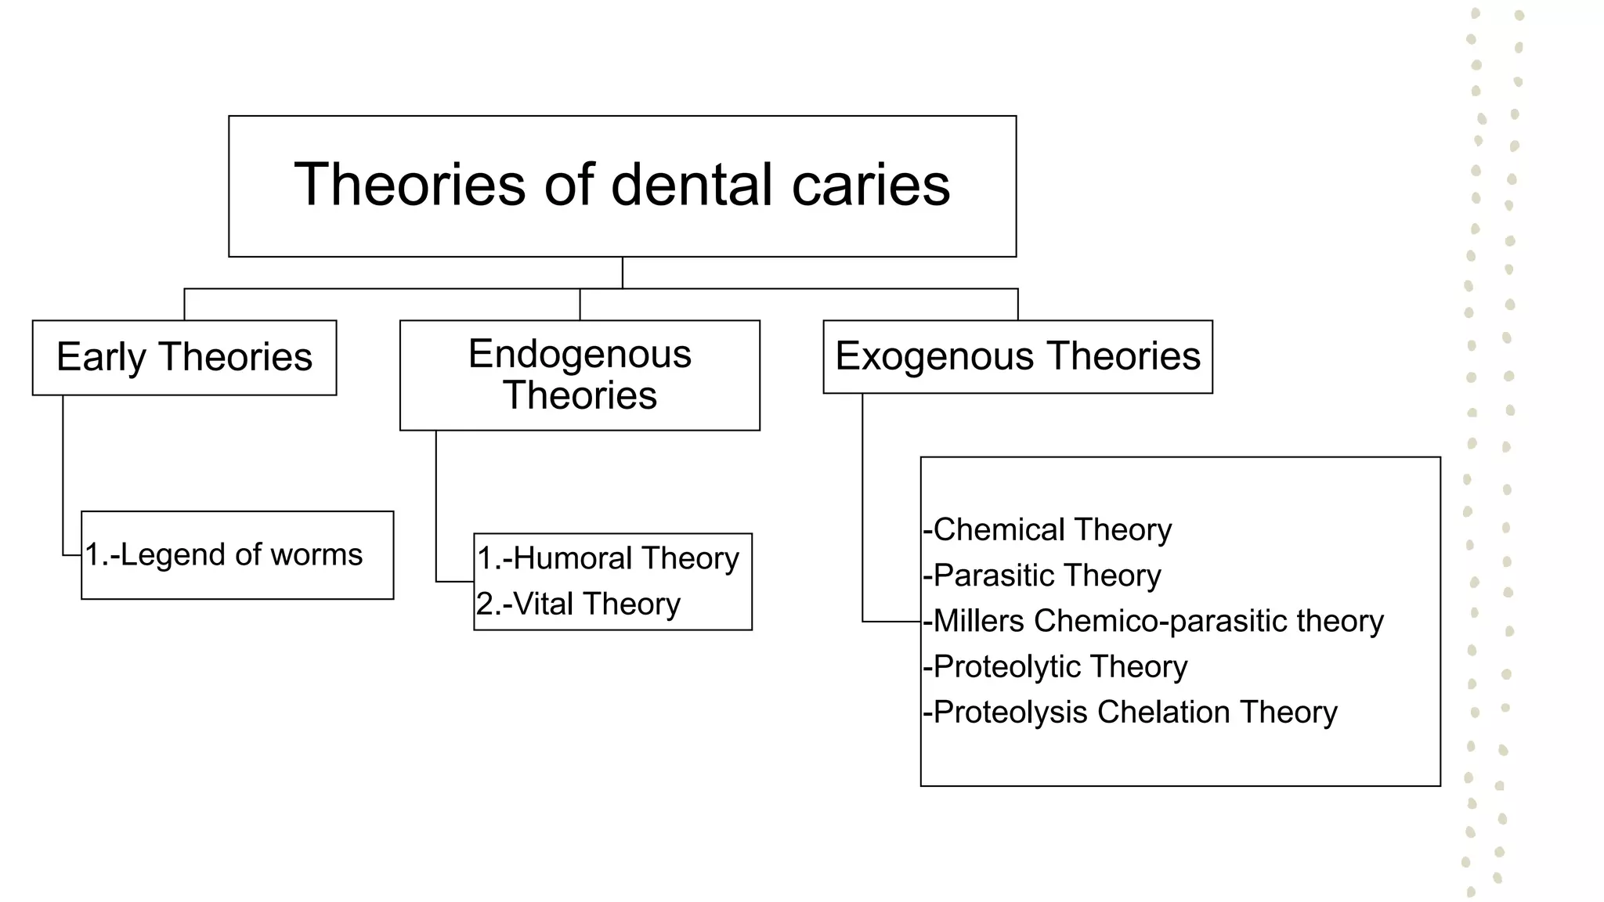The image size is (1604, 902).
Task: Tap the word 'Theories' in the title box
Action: pos(410,185)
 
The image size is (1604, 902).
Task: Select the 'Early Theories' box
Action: pos(184,357)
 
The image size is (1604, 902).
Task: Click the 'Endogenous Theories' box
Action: pos(580,375)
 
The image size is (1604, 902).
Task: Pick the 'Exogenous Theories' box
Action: pos(1017,356)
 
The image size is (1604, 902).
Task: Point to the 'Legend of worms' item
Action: pos(224,554)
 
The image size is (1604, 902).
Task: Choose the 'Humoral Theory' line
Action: pos(608,558)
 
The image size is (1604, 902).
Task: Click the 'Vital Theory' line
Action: pos(579,604)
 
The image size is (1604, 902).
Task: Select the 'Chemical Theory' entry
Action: pos(1047,530)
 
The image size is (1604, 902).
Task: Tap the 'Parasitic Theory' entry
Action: pos(1042,575)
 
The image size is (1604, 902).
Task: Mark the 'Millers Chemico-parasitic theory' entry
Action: pos(1153,621)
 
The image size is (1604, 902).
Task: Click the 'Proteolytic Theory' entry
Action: pos(1055,666)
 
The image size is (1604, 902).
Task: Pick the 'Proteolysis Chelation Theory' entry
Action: pos(1129,712)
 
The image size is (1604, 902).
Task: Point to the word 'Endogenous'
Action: pos(580,354)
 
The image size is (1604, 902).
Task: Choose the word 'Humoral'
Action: pos(573,558)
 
